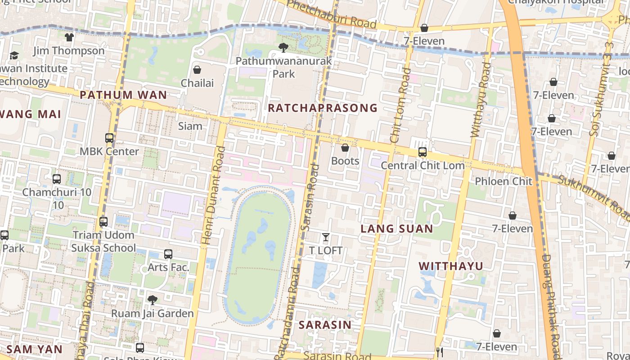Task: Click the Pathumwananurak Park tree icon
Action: coord(283,47)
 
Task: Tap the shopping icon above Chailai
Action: coord(197,70)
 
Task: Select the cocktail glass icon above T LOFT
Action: coord(326,237)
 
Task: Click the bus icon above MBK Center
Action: coord(109,138)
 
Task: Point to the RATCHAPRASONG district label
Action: coord(323,108)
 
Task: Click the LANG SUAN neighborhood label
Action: coord(397,229)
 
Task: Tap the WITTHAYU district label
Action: coord(451,266)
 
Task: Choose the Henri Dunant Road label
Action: coord(213,195)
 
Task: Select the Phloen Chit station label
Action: coord(504,181)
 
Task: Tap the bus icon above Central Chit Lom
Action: coord(422,152)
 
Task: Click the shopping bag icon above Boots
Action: coord(345,148)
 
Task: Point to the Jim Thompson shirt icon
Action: coord(69,37)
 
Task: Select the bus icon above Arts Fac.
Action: coord(168,254)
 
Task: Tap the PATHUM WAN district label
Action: coord(123,95)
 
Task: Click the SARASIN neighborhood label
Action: coord(325,325)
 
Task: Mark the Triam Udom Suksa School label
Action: coord(103,241)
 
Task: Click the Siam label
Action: coord(190,126)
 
